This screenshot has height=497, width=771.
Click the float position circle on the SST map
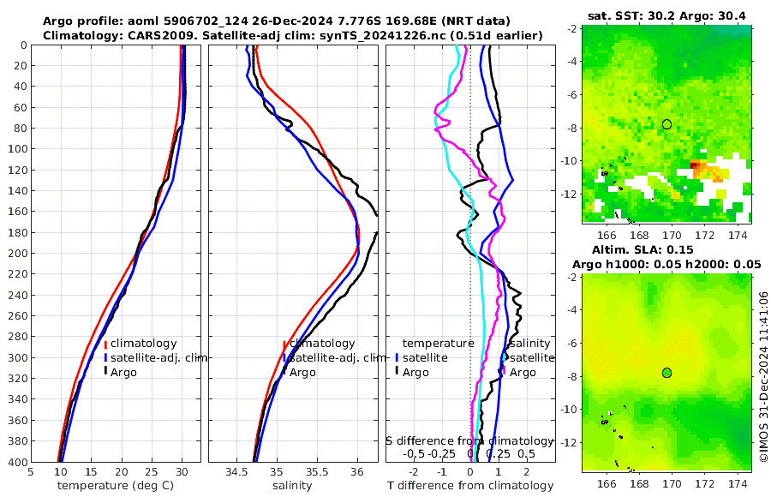[666, 124]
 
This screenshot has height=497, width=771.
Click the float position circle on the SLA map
[666, 372]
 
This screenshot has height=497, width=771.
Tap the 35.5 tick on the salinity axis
[317, 471]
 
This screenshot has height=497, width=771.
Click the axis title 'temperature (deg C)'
[117, 486]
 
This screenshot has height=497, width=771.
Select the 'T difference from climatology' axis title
[470, 486]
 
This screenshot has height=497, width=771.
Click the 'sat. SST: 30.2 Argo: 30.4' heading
[666, 15]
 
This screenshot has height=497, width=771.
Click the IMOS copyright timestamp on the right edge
[762, 374]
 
